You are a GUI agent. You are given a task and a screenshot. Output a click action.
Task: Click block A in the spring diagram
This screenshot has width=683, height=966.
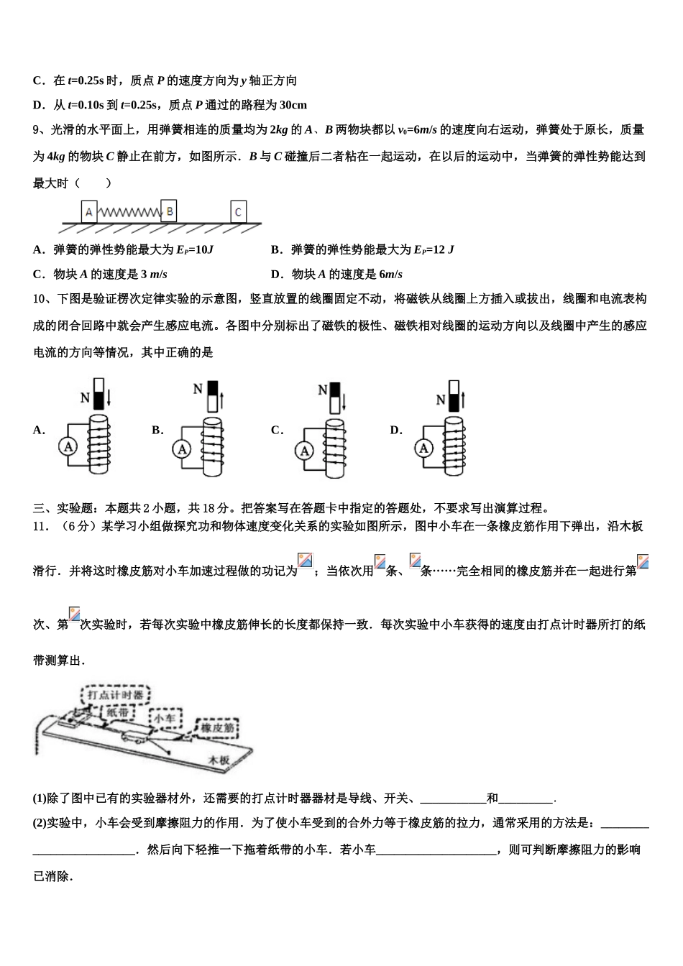tap(88, 212)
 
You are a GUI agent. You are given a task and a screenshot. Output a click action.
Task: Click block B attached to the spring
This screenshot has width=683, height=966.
tap(169, 211)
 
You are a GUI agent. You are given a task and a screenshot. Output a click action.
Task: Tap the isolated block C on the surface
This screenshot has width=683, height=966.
tap(239, 212)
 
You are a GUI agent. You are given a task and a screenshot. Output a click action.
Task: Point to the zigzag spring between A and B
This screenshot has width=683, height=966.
tap(128, 213)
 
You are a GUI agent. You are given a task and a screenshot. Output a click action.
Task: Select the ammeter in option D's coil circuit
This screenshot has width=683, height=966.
tap(423, 448)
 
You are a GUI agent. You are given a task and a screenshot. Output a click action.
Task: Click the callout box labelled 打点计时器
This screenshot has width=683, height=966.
tap(115, 695)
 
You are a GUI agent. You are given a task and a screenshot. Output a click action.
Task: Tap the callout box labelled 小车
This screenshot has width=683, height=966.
tap(165, 717)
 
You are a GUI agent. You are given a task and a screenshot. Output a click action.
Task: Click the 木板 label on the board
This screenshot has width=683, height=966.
tap(219, 760)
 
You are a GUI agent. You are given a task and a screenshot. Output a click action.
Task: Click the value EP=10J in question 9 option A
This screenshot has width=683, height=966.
tap(194, 250)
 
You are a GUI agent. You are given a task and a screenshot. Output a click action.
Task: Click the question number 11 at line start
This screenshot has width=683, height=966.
tap(40, 526)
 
